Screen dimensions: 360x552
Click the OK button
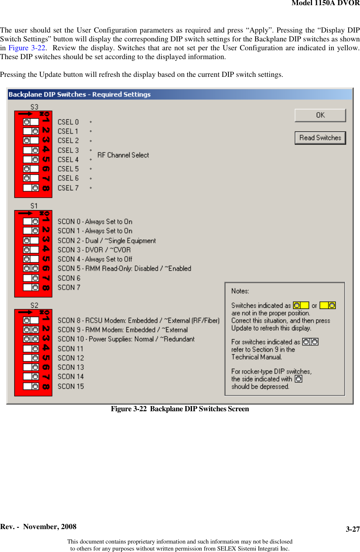tap(320, 115)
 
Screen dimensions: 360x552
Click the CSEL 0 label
tap(68, 122)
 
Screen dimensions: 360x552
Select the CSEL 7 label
tap(68, 188)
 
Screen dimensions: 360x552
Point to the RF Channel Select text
tap(123, 155)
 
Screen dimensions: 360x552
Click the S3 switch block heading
tap(34, 107)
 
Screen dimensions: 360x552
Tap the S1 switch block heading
tap(34, 206)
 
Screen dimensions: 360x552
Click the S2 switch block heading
tap(34, 305)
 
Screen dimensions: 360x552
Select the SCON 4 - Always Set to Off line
tap(95, 259)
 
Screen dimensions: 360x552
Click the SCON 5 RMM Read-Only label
tap(124, 269)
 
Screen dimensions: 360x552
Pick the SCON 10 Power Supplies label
tap(126, 339)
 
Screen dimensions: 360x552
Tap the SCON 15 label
tap(71, 386)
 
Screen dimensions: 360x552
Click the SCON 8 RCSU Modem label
tap(138, 321)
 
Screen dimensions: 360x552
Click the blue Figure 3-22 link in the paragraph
tap(27, 48)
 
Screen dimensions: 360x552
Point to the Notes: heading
tap(240, 291)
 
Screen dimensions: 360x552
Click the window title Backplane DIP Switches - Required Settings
tap(79, 95)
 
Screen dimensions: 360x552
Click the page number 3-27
tap(352, 529)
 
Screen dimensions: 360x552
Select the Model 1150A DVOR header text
tap(325, 3)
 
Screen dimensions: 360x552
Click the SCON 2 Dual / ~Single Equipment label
tap(107, 241)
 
